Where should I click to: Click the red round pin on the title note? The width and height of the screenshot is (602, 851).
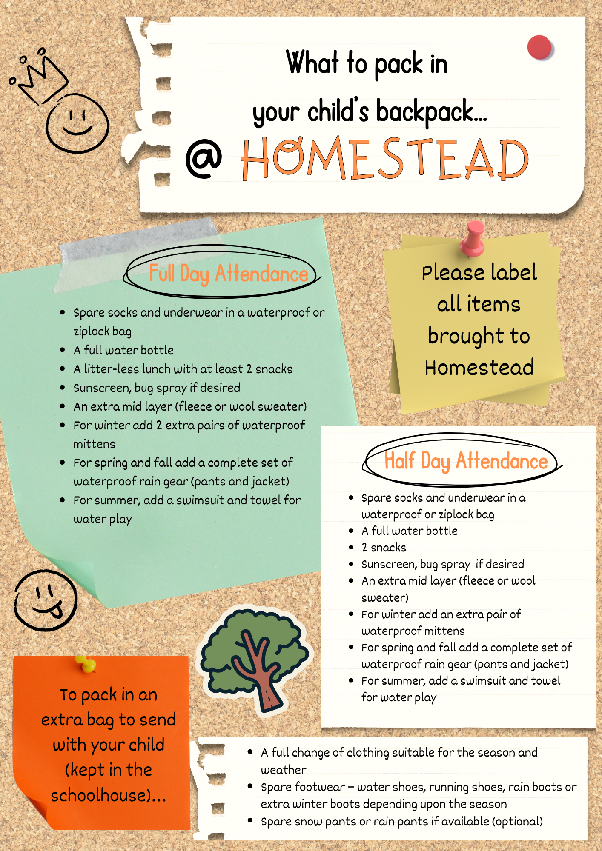pos(539,47)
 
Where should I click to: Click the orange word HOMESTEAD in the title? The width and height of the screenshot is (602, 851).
pos(384,158)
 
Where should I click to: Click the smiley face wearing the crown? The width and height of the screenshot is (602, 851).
pos(77,123)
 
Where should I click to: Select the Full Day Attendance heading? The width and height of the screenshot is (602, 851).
pos(228,273)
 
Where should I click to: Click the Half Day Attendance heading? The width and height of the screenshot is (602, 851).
pos(466,461)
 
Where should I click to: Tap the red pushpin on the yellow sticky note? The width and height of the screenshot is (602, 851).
pos(473,239)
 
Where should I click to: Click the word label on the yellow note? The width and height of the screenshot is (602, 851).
pos(514,272)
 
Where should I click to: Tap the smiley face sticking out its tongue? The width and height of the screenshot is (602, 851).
pos(46,600)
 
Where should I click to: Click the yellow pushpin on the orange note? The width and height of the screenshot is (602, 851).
pos(86,664)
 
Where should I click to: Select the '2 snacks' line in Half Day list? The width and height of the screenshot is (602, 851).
pos(384,548)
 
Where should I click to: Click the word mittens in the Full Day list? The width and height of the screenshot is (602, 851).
pos(94,444)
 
